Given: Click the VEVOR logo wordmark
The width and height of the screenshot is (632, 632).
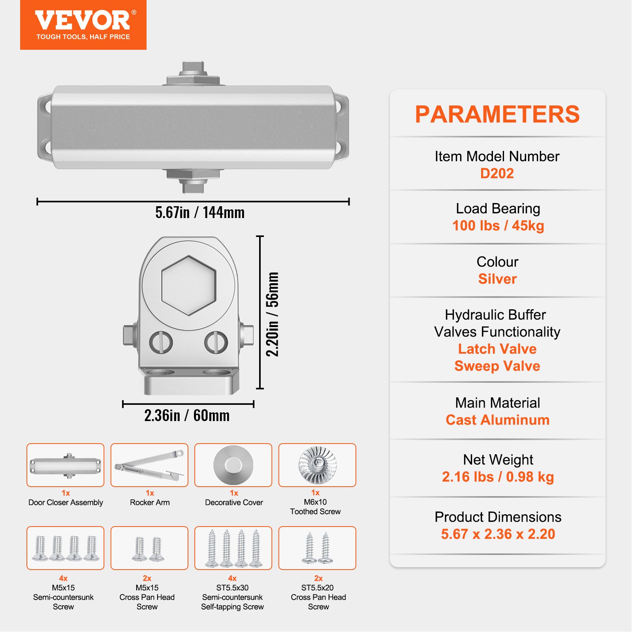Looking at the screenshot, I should pos(83,21).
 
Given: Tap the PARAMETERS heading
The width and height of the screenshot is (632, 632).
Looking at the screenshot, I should pos(497,115).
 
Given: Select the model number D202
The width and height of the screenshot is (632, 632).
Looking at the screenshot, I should pos(497,173).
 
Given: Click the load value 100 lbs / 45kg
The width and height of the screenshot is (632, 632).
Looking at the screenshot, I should pos(498,226).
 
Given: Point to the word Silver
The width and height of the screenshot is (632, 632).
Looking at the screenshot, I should pos(497,279).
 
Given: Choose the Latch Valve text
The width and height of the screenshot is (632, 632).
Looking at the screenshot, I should pos(497,349).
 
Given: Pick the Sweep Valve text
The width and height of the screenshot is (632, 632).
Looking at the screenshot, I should pos(497,366).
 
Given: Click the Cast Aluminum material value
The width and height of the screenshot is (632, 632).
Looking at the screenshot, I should pos(497,420).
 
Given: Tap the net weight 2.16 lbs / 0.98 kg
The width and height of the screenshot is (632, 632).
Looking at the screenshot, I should pos(498,477).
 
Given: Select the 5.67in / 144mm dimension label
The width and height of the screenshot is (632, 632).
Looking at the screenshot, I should pos(200,213).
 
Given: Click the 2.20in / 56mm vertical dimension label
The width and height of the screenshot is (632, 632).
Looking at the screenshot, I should pos(272,314).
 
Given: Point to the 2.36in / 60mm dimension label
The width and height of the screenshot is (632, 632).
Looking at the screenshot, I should pos(187,416).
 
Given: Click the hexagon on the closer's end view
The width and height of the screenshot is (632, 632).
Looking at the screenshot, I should pos(189,285).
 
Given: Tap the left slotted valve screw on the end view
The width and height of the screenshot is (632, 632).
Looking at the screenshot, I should pos(161,342).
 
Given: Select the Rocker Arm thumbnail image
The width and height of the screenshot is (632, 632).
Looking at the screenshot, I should pos(149,465).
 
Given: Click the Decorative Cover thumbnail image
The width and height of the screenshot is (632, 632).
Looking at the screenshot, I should pos(233,465).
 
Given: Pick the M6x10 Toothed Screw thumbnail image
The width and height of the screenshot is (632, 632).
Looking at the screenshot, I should pos(317,465).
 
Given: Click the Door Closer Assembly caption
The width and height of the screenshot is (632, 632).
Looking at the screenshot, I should pos(66,502).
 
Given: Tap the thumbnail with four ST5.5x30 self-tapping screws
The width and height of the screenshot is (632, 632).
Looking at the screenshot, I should pos(233,548).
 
